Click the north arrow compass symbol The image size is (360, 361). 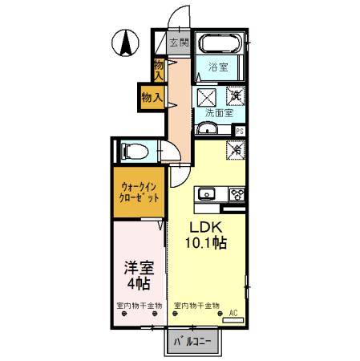[127, 43]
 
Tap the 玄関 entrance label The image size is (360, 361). [179, 43]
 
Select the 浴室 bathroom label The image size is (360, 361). [219, 67]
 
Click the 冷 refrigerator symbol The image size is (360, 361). [237, 148]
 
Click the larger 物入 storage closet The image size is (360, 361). [152, 97]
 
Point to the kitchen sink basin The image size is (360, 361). [206, 193]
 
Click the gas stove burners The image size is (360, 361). [237, 193]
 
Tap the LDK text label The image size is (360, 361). [206, 227]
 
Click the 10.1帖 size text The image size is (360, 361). [207, 243]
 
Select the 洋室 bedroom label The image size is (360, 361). [139, 267]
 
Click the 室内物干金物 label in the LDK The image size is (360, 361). [196, 306]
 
